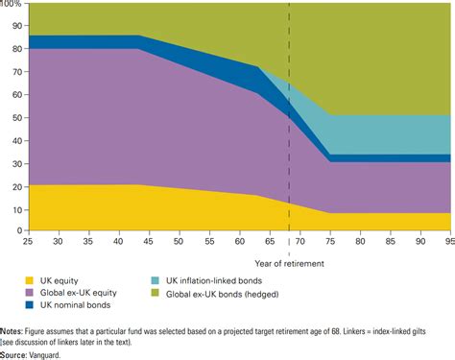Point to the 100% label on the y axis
coord(12,5)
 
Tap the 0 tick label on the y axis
coord(18,230)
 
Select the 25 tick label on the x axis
coord(29,242)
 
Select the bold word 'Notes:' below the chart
coord(14,332)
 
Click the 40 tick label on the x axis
coord(119,242)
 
